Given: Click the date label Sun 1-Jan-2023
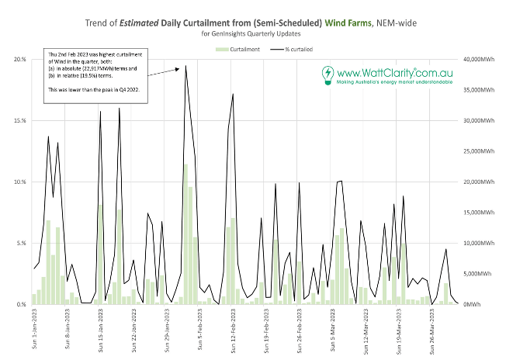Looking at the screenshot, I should pos(34,330).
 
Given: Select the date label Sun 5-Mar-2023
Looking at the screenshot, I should pos(333,330).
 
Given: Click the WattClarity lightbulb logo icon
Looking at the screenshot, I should pos(328,75).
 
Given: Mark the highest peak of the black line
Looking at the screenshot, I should pos(185,66).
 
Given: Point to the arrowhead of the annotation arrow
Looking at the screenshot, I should pos(179,67).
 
